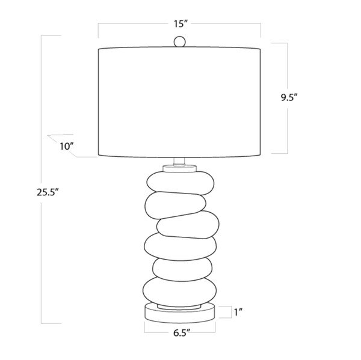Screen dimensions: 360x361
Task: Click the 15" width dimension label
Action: click(179, 25)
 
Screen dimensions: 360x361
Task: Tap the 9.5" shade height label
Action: click(290, 98)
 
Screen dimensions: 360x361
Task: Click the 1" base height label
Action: click(238, 312)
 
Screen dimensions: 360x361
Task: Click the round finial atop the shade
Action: click(179, 42)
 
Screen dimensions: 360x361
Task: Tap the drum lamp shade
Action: click(179, 102)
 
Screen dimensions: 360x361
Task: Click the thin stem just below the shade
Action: click(179, 160)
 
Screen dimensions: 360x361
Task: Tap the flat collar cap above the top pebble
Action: click(179, 168)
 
